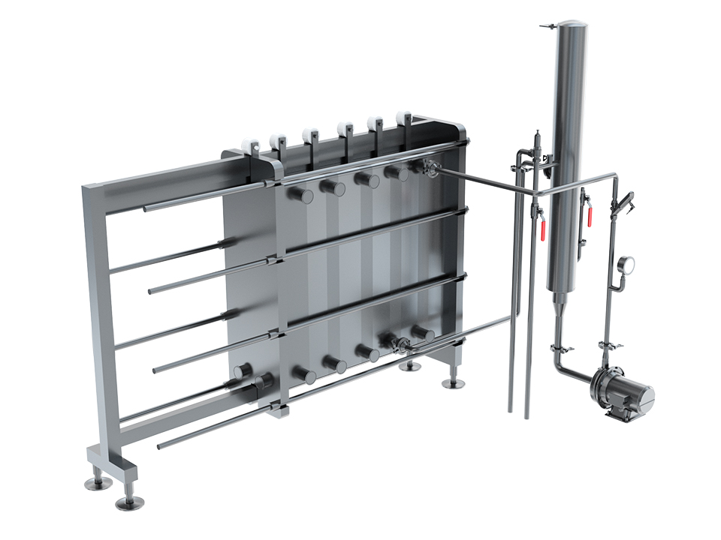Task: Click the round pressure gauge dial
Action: pyautogui.click(x=626, y=264)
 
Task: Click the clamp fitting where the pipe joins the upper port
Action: pyautogui.click(x=430, y=168)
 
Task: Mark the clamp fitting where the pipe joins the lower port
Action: pyautogui.click(x=401, y=344)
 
